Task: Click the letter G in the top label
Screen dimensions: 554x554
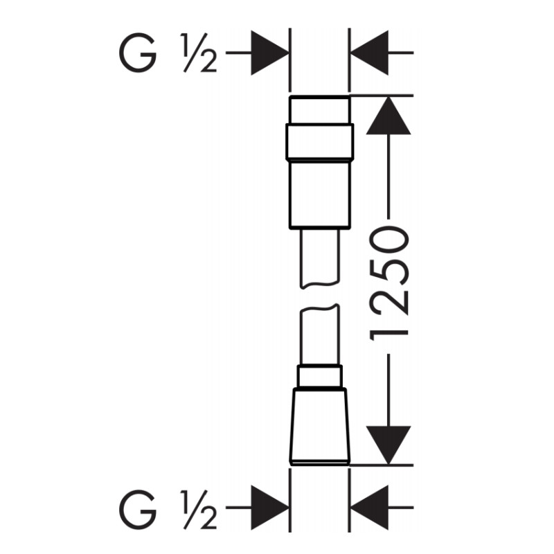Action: (138, 53)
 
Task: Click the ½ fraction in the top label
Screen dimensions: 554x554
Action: (198, 53)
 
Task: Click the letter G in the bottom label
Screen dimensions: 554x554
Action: (138, 508)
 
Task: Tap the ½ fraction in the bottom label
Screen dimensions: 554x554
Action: (198, 508)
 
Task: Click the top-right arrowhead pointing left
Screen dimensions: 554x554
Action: (369, 53)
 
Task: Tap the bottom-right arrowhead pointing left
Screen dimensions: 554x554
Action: (369, 508)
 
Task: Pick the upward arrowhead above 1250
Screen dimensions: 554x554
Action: (388, 115)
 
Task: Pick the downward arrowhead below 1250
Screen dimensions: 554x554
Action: (388, 445)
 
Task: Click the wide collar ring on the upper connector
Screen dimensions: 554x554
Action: (320, 141)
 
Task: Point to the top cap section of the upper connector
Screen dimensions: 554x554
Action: (320, 109)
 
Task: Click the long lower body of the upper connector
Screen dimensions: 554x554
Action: (320, 195)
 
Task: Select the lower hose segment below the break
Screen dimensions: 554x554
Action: (320, 334)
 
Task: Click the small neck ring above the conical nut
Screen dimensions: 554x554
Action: (320, 376)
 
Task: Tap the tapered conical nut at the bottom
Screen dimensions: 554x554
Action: (320, 427)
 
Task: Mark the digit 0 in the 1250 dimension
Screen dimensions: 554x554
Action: (388, 241)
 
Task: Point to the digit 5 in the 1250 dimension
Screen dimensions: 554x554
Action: (388, 273)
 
